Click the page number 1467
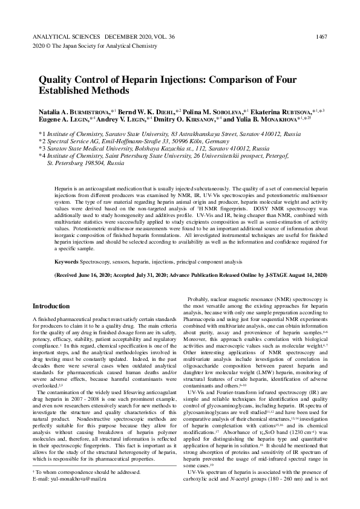pos(321,37)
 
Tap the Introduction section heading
pos(51,306)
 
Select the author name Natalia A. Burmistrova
pos(74,112)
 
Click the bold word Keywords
pos(65,262)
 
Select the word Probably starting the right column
pos(200,299)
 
